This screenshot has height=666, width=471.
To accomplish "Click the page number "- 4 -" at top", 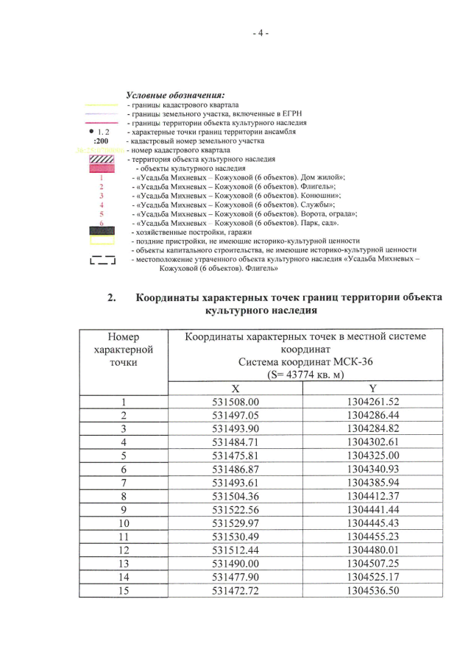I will pyautogui.click(x=260, y=33).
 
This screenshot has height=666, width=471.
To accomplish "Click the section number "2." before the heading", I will pyautogui.click(x=112, y=298).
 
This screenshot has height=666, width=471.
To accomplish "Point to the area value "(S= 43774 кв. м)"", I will pyautogui.click(x=305, y=374).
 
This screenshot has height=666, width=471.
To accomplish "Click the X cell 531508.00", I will pyautogui.click(x=236, y=403).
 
